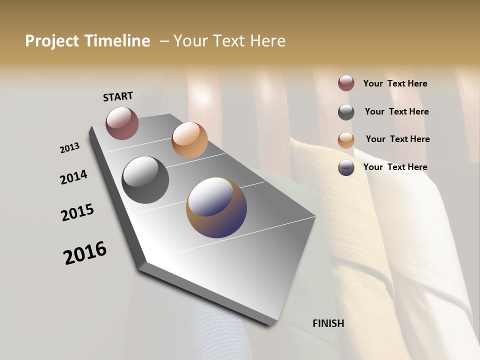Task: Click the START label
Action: (x=118, y=96)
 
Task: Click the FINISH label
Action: (x=328, y=323)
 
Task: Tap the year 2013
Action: (x=70, y=148)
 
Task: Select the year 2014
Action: (x=73, y=177)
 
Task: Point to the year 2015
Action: (x=77, y=212)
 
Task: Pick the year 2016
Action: (x=85, y=252)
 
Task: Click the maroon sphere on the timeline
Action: (x=122, y=123)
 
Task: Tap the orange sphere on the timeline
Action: (x=189, y=140)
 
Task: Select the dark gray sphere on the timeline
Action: (x=145, y=180)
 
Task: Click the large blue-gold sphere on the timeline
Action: (x=216, y=207)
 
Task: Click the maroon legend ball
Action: (x=346, y=83)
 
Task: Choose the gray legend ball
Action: (x=346, y=112)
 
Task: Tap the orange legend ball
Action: (x=346, y=140)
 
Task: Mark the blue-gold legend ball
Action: (x=346, y=167)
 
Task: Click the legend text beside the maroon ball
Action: (x=395, y=83)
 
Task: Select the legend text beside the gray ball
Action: (x=396, y=111)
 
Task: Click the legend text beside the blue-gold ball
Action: (x=395, y=167)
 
